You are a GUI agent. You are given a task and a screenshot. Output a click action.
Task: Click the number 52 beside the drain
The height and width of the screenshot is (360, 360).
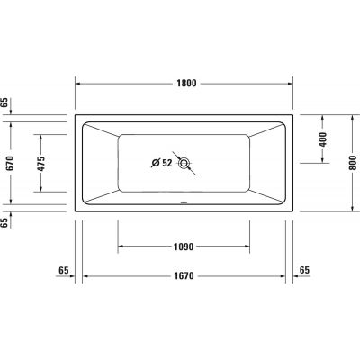tap(168, 163)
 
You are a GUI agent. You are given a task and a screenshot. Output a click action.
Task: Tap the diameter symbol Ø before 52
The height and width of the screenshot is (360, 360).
tap(155, 163)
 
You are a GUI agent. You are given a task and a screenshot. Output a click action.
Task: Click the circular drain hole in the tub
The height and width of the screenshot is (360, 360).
tap(184, 164)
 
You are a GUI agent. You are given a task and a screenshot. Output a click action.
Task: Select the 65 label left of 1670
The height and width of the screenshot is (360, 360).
tap(63, 271)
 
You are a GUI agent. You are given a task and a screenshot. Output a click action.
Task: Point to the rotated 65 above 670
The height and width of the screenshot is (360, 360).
tap(7, 103)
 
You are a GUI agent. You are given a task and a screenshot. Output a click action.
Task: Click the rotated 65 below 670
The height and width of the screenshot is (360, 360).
tap(7, 222)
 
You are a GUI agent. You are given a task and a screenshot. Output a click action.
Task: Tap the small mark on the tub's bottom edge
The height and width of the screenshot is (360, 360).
tap(184, 202)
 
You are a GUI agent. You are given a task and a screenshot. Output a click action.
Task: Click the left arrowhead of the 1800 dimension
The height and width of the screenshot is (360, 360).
tap(78, 84)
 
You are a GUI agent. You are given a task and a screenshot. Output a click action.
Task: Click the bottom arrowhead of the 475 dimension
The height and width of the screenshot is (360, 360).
tap(40, 191)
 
